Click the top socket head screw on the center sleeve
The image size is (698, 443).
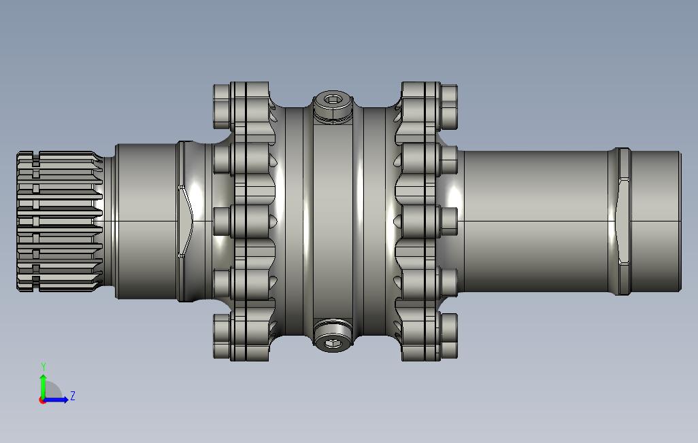click(x=333, y=101)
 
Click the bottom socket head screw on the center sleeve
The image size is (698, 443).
click(x=333, y=342)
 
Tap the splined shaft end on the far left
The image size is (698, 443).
click(x=58, y=221)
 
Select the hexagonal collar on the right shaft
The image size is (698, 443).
click(x=622, y=221)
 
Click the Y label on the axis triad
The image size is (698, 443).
click(x=44, y=367)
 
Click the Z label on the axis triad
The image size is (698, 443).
click(x=73, y=395)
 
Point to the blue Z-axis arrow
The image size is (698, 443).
click(x=58, y=400)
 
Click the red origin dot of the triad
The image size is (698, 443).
click(x=42, y=400)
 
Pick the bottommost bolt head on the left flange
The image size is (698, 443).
click(x=222, y=336)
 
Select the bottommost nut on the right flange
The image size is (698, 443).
click(x=449, y=336)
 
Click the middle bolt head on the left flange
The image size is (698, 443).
click(x=222, y=221)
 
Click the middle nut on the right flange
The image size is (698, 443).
click(x=449, y=221)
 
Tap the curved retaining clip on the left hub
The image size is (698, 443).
click(x=186, y=221)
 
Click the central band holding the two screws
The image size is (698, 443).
click(x=333, y=221)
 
